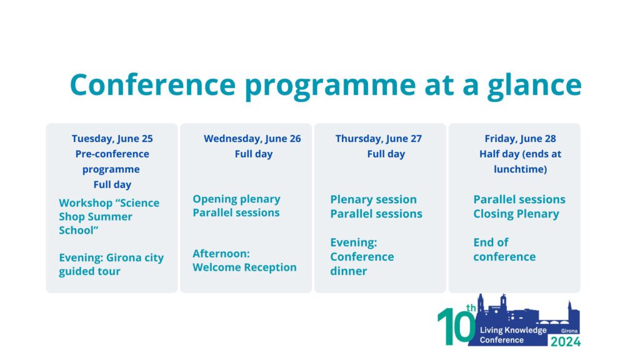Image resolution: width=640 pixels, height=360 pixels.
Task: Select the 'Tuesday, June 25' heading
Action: coord(112,139)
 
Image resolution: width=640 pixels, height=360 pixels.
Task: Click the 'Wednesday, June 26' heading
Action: coord(252,139)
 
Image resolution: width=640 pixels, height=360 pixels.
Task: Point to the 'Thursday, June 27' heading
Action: coord(378,139)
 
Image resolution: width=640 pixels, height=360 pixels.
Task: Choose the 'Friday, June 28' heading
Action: coord(520,139)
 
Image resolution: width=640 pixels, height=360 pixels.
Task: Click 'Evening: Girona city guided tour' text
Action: coord(111,264)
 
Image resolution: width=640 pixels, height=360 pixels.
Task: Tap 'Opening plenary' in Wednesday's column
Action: coord(236,199)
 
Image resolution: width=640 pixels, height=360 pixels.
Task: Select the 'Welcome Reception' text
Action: coord(244,267)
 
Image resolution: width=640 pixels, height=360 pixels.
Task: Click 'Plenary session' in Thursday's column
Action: coord(373,200)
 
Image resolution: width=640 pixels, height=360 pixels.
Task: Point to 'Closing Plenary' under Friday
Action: coord(516,214)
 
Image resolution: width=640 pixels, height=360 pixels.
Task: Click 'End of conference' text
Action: coord(504,249)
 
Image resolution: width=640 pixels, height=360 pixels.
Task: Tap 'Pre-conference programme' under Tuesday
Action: coord(112,161)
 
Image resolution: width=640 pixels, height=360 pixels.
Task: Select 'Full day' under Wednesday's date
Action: coord(253,154)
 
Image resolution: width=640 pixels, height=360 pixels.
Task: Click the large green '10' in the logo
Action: coord(456,326)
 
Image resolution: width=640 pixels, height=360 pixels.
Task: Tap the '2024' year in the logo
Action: coord(565,341)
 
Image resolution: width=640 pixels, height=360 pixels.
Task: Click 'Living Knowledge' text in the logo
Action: coord(512,330)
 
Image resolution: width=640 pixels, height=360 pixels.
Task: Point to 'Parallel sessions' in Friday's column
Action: coord(519,200)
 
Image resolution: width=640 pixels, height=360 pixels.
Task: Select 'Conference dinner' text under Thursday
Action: coord(362,264)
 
